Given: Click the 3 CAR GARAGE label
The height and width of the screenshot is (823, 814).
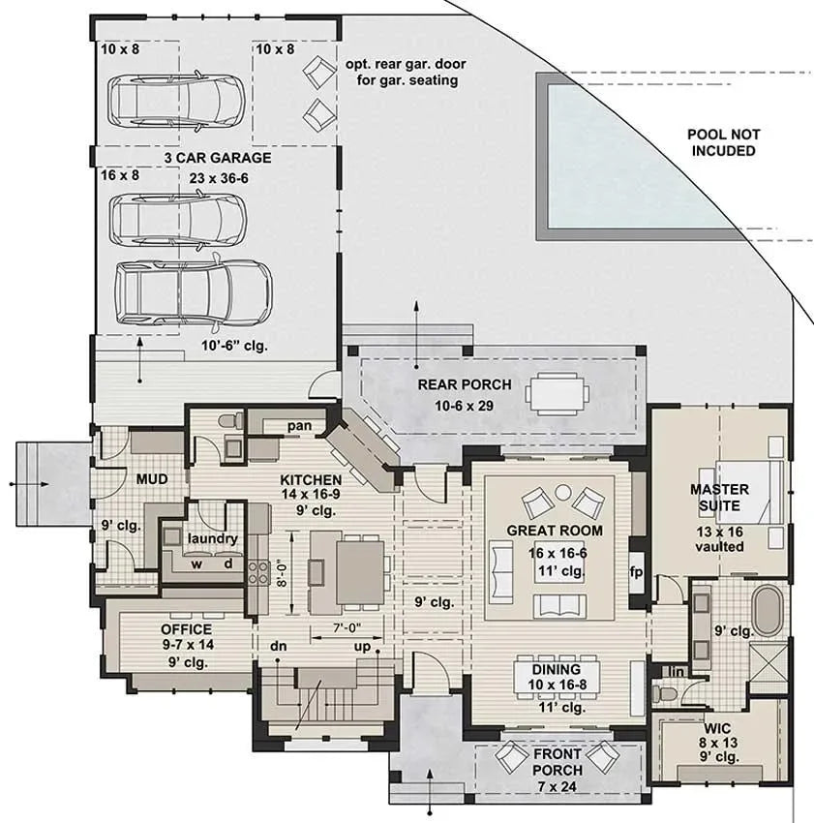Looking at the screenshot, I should pos(217,158).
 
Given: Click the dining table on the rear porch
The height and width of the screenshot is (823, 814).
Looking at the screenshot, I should pos(558,394).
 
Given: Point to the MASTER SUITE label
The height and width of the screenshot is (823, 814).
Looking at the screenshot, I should pos(718,498).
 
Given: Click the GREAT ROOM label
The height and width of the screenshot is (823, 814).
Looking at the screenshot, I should pos(555,531).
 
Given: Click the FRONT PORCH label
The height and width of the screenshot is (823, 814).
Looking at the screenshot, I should pos(558,762).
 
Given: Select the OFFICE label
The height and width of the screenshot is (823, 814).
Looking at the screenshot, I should pos(187,629).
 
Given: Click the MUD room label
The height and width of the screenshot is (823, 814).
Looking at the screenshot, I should pos(153,478).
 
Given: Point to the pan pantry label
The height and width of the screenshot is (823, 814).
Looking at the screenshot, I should pos(298,425).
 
